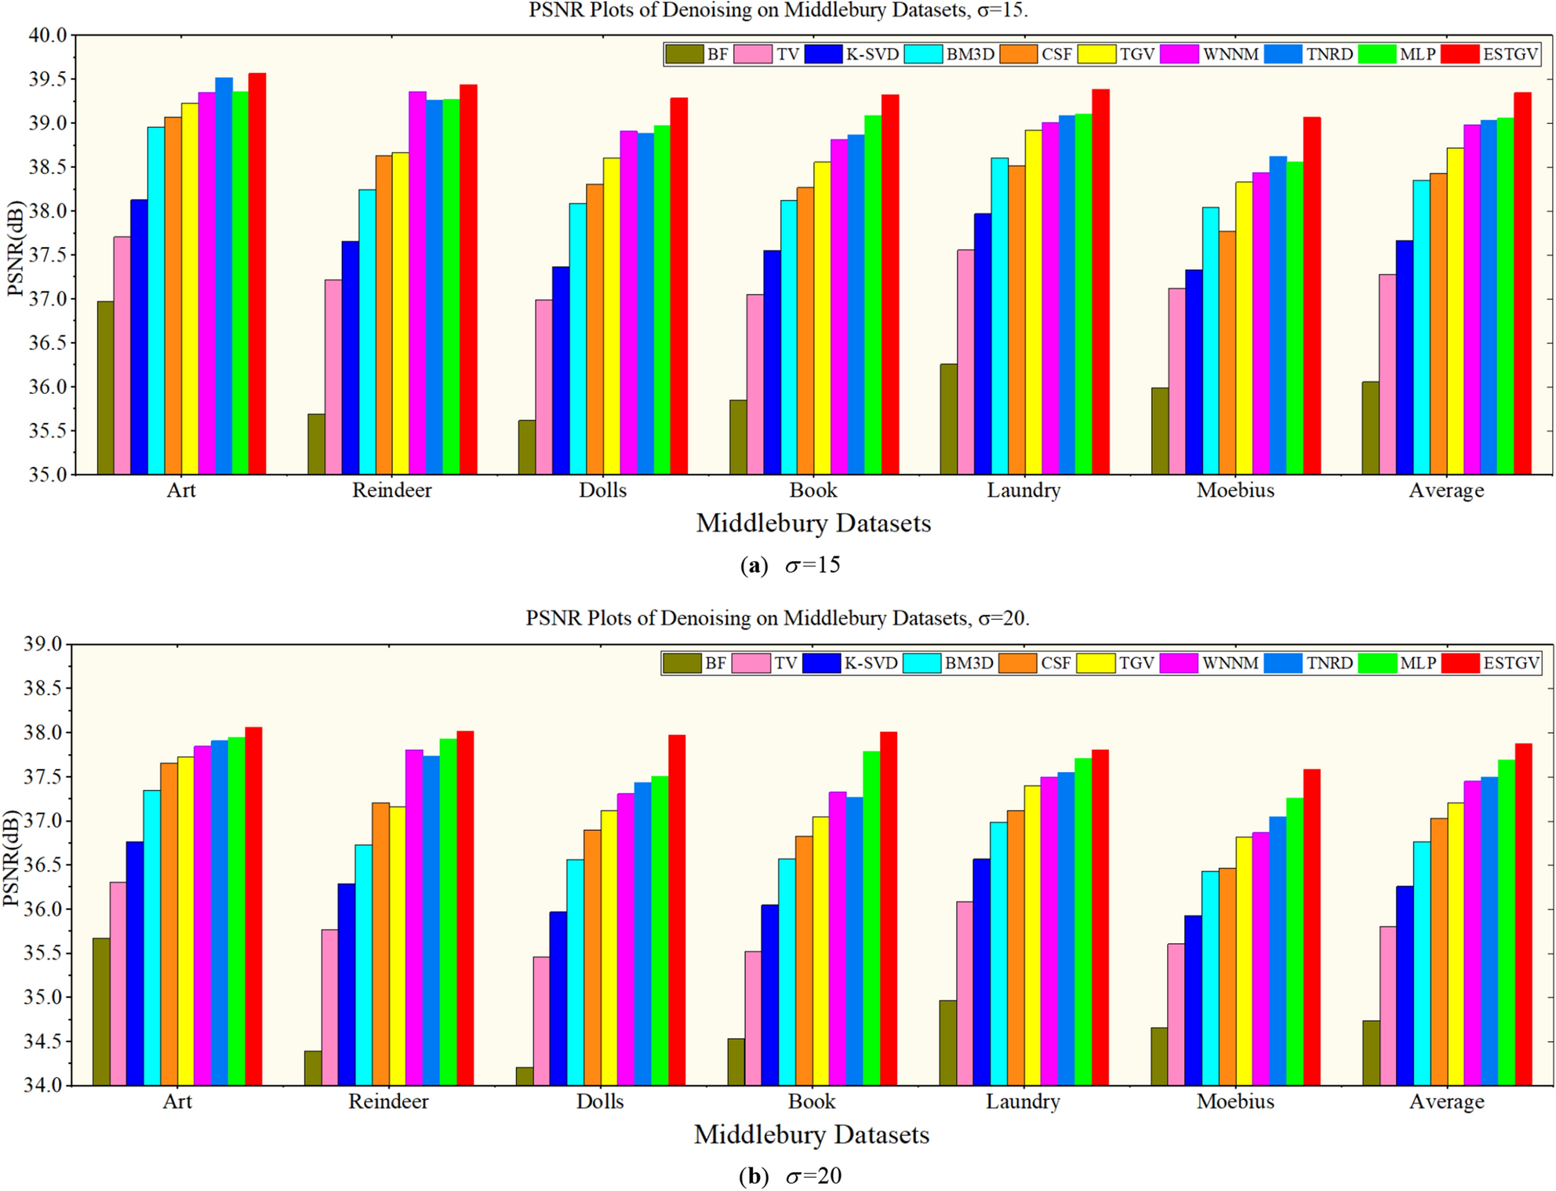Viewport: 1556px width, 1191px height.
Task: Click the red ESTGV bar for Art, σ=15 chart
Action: click(257, 275)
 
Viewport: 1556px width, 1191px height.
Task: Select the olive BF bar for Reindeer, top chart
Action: click(316, 444)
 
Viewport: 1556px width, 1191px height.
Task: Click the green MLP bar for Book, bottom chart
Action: click(871, 918)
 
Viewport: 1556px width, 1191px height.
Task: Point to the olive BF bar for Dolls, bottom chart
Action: click(525, 1076)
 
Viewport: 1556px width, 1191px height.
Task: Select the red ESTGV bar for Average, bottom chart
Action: click(1523, 914)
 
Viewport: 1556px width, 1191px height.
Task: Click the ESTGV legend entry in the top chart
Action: click(1490, 54)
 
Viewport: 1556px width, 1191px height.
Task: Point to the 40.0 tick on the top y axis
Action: click(49, 35)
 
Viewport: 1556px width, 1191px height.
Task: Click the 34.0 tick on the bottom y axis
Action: click(46, 1086)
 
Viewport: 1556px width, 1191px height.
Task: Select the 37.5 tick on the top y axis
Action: click(49, 255)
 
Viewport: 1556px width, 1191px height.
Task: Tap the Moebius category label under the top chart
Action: click(1235, 490)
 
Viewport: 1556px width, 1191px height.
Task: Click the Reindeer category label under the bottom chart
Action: click(388, 1102)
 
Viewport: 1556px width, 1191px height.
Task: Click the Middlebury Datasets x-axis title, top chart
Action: click(813, 523)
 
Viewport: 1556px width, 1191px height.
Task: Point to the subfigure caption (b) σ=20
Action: click(791, 1176)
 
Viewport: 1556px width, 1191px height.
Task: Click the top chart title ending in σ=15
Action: click(777, 10)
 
